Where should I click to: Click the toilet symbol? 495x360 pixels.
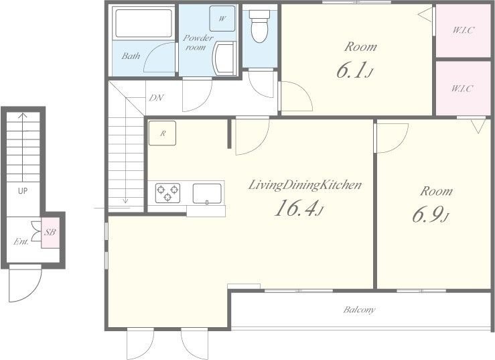(x=259, y=25)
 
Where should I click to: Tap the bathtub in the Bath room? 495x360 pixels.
(x=143, y=23)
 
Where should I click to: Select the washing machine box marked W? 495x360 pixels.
(x=222, y=18)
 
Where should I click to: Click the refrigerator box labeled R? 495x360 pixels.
(x=162, y=133)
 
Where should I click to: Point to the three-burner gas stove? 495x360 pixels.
(x=167, y=193)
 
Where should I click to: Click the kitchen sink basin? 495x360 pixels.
(x=207, y=194)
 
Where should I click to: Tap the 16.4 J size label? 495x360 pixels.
(x=299, y=208)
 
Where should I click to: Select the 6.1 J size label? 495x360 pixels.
(x=354, y=70)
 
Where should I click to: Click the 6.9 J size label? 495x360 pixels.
(x=431, y=215)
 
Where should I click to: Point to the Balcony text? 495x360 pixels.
(x=360, y=310)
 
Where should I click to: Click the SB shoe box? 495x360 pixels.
(x=50, y=233)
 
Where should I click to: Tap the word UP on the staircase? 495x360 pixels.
(x=22, y=190)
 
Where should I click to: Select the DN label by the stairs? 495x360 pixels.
(x=156, y=98)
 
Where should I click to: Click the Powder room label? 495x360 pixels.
(x=198, y=42)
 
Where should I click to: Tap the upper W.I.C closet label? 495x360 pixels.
(x=463, y=30)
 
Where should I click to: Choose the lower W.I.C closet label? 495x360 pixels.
(x=462, y=88)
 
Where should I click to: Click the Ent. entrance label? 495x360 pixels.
(x=21, y=242)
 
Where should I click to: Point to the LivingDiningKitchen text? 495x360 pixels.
(x=305, y=185)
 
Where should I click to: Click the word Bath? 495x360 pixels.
(x=131, y=56)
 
